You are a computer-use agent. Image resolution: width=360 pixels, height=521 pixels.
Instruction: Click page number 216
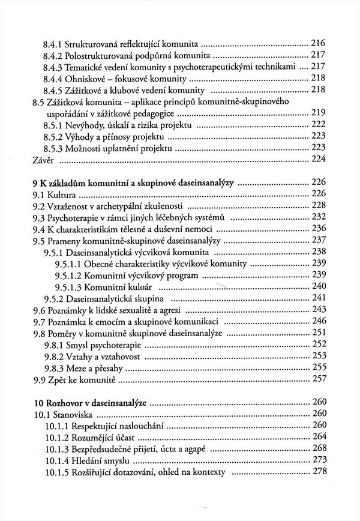318,43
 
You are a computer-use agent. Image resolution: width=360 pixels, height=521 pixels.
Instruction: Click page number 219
318,113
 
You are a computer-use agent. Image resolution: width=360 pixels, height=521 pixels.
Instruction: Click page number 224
318,158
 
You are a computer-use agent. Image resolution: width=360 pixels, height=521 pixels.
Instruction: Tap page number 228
318,205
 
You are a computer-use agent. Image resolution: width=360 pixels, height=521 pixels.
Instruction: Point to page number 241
318,297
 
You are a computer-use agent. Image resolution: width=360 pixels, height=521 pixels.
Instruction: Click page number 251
318,332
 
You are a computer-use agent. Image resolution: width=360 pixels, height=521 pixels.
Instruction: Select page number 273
318,459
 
